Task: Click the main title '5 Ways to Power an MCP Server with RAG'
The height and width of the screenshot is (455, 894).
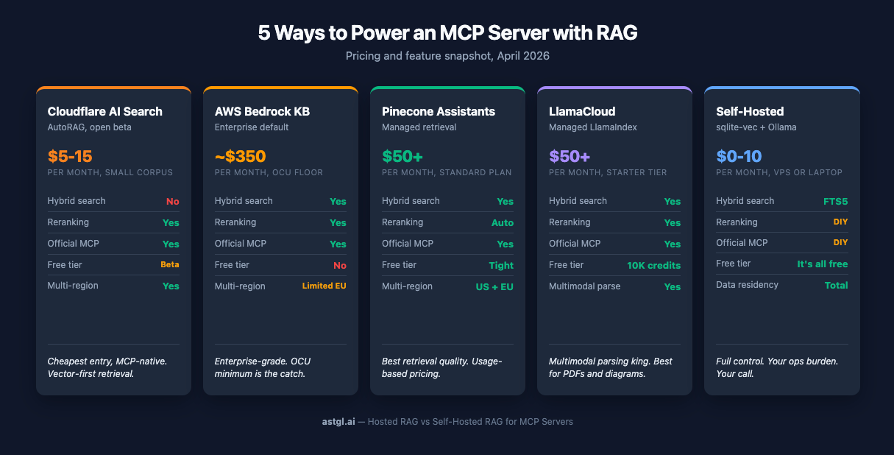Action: pos(447,32)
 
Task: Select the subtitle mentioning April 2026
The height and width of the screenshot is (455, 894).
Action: pos(447,56)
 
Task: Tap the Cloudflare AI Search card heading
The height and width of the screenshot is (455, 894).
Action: pos(104,112)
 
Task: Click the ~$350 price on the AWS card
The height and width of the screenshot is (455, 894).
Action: pos(240,156)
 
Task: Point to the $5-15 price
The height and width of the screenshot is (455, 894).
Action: pos(70,156)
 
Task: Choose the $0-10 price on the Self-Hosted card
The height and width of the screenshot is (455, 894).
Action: pos(739,156)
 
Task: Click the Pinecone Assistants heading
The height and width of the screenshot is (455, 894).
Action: pos(439,112)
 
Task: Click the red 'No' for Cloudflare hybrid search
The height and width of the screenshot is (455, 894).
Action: pos(172,202)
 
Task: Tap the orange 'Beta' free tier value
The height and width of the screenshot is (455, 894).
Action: pos(170,264)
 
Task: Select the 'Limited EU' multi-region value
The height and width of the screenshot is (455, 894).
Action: pos(324,286)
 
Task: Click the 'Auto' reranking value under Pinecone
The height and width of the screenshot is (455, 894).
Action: pos(503,223)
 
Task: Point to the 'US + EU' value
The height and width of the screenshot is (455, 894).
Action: pos(494,286)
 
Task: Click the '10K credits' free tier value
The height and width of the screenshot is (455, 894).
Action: pos(653,265)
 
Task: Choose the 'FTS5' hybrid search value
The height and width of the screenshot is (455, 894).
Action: pos(835,201)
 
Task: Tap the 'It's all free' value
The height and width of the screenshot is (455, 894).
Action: pos(822,264)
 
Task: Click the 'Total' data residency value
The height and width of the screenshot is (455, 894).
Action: pos(836,285)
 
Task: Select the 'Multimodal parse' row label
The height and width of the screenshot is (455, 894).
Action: pos(584,286)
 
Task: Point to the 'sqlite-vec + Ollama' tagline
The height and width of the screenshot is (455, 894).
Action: pos(756,127)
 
